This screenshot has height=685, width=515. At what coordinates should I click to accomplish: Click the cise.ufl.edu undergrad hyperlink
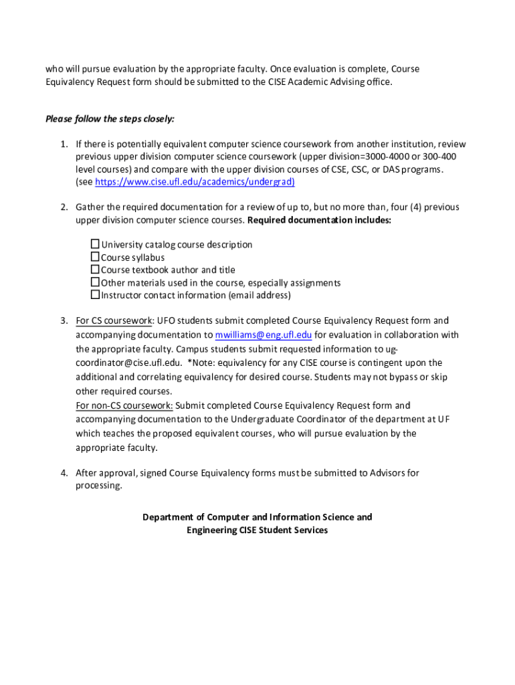pyautogui.click(x=195, y=182)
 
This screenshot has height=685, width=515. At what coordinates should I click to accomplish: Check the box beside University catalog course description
pyautogui.click(x=95, y=244)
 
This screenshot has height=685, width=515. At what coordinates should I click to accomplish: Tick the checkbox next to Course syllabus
pyautogui.click(x=95, y=257)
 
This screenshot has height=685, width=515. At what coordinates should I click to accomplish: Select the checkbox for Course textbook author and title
pyautogui.click(x=95, y=270)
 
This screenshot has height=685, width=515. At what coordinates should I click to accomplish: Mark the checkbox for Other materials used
pyautogui.click(x=95, y=282)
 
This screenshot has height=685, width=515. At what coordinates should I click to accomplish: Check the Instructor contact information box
pyautogui.click(x=95, y=295)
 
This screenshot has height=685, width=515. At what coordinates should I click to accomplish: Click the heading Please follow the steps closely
pyautogui.click(x=110, y=119)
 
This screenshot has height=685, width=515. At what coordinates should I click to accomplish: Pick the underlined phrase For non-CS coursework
pyautogui.click(x=124, y=405)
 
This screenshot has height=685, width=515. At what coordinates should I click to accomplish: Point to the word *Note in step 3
pyautogui.click(x=202, y=363)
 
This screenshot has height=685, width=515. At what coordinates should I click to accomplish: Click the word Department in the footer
pyautogui.click(x=167, y=517)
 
